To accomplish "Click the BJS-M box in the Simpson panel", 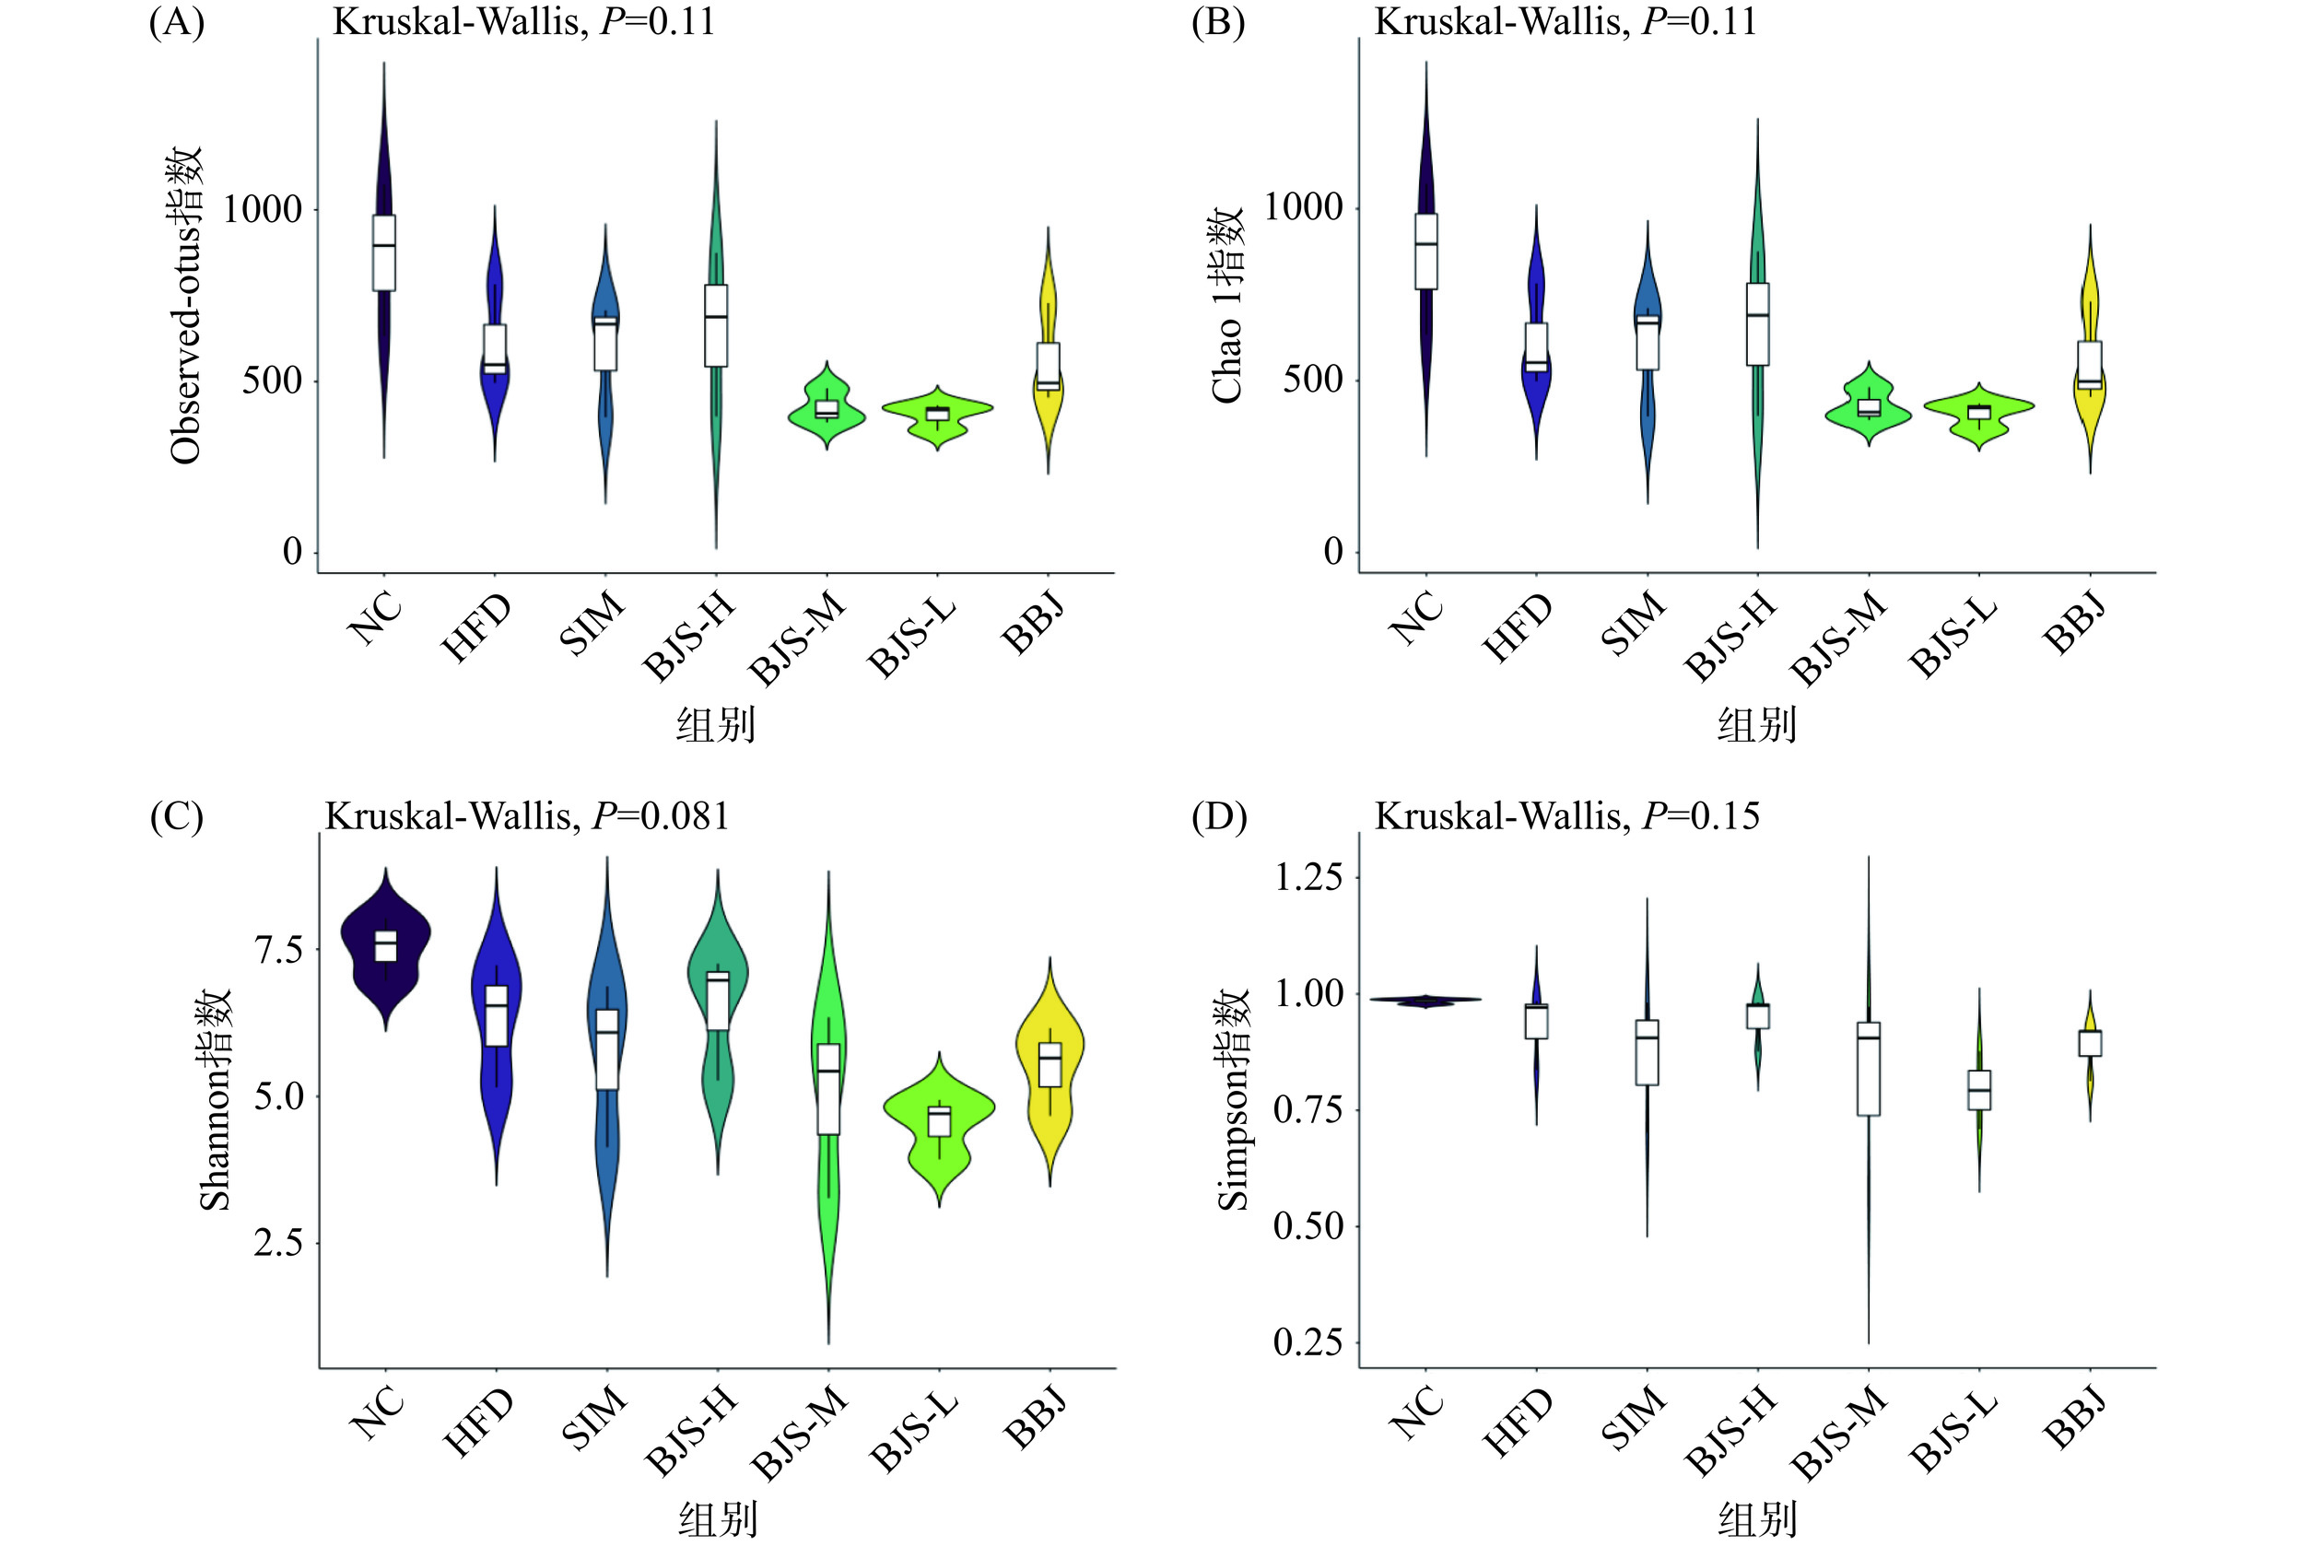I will click(x=1869, y=1069).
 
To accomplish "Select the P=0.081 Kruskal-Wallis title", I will click(x=526, y=816).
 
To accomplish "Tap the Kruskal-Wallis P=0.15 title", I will click(x=1566, y=816).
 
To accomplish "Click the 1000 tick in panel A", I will click(x=263, y=209).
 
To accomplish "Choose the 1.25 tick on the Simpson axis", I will click(x=1308, y=876).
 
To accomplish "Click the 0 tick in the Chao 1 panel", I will click(x=1333, y=552).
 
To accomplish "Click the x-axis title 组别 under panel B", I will click(x=1756, y=726).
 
